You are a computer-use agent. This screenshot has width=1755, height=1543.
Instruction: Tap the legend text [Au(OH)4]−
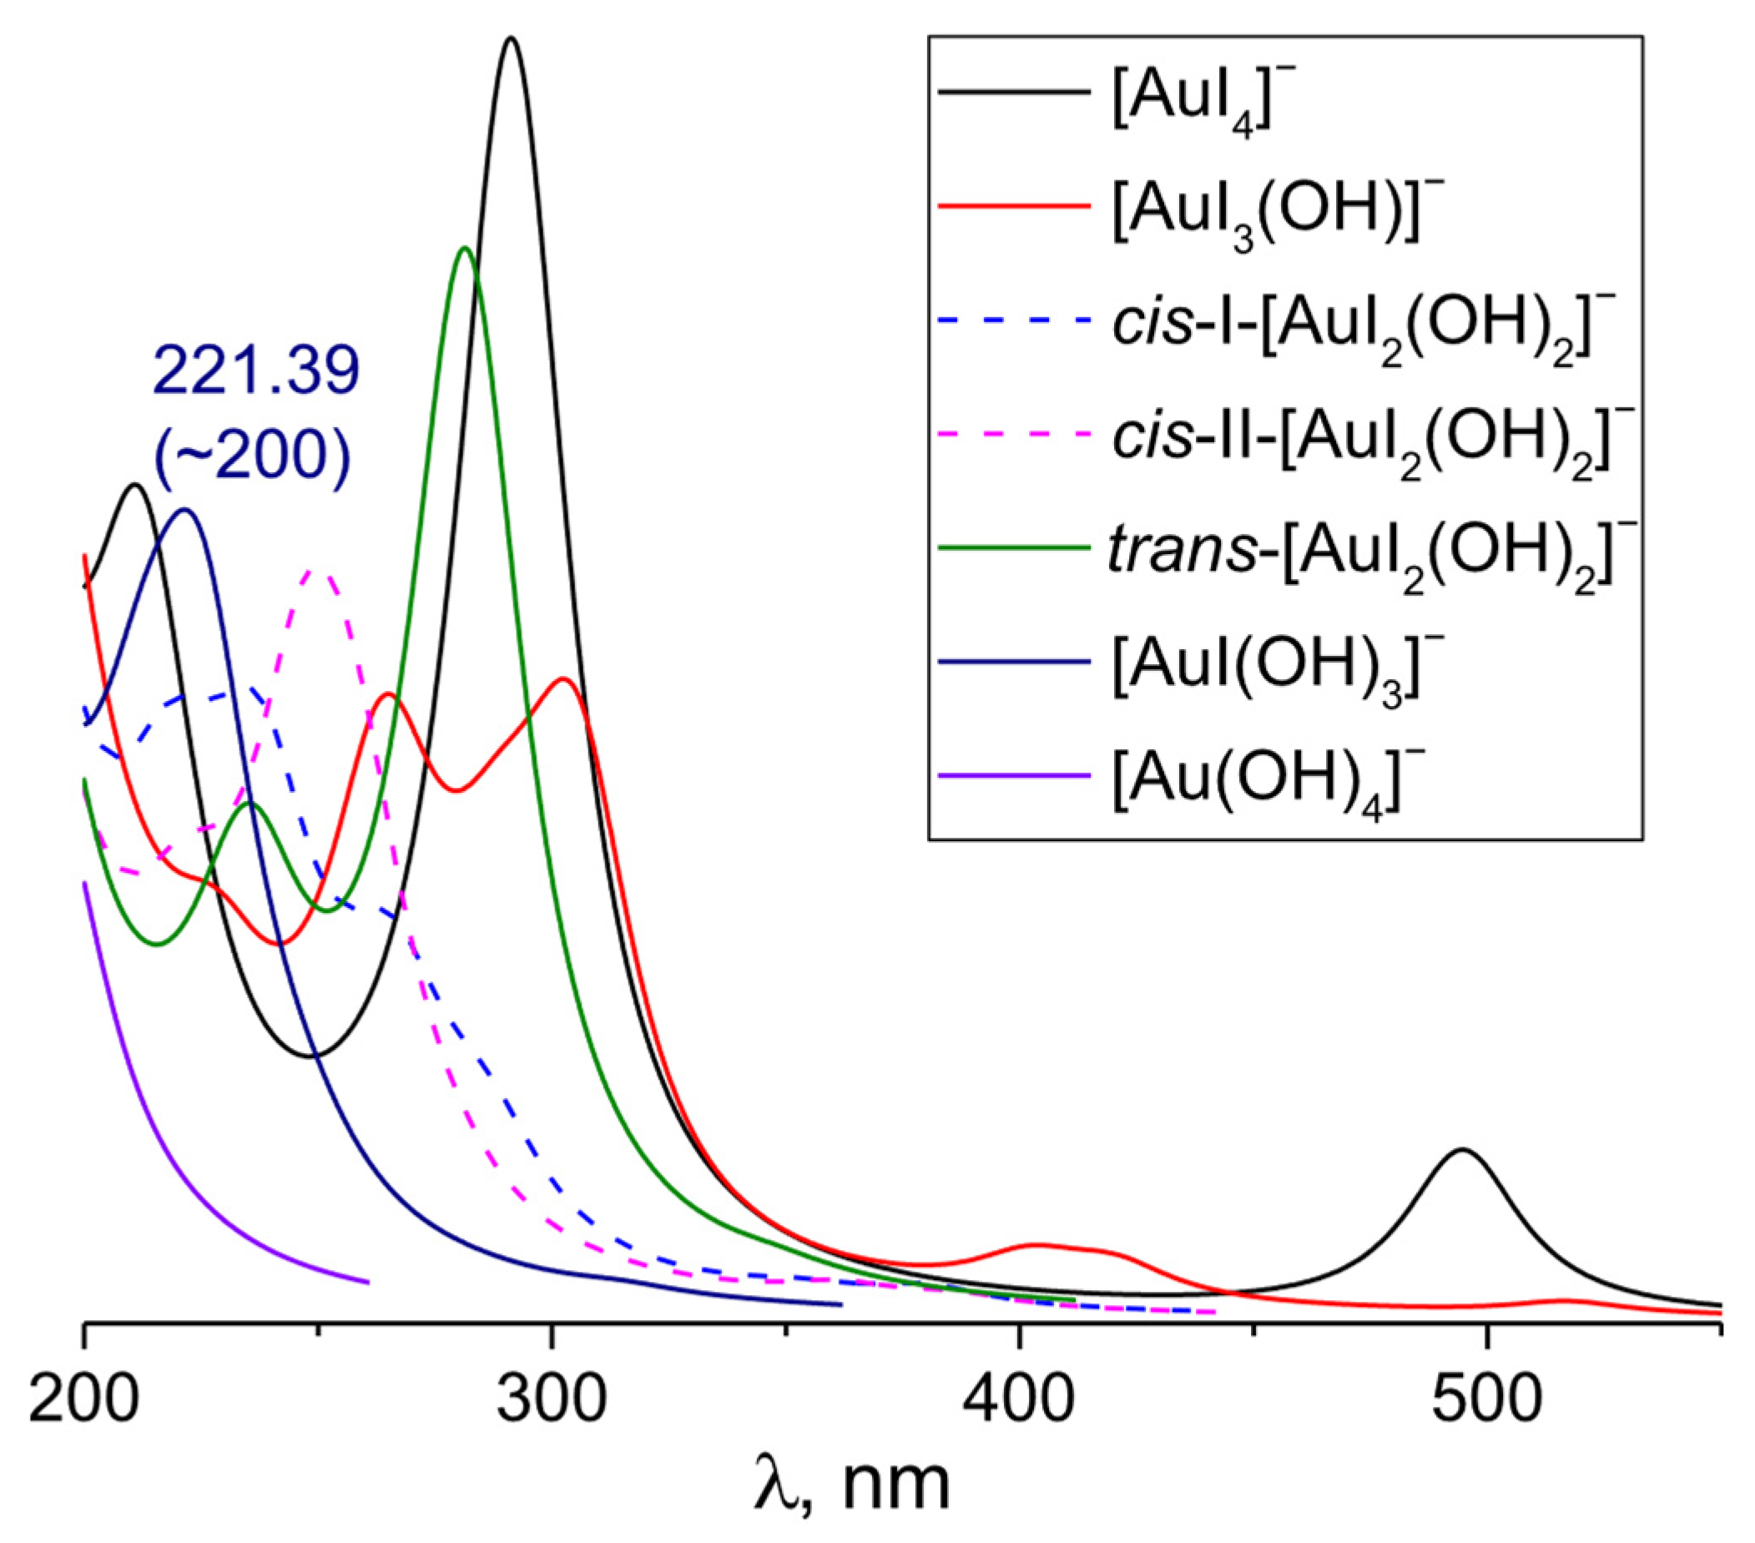tap(1257, 788)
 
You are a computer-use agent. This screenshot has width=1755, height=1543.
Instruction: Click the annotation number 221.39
tap(257, 371)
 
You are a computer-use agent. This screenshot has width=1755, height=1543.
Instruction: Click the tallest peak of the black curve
tap(511, 38)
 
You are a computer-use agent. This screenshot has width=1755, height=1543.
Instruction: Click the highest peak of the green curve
tap(465, 248)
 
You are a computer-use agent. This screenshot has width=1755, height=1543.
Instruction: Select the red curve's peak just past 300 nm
tap(563, 679)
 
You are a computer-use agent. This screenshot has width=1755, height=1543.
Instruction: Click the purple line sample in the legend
tap(1014, 776)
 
